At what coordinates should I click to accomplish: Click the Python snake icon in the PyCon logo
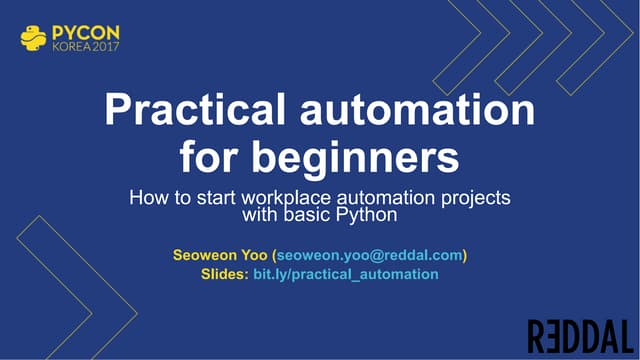pos(32,38)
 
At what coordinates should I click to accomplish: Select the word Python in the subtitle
pos(369,214)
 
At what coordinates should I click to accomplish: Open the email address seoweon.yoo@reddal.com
pos(369,254)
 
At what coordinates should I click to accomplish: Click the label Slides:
pos(224,273)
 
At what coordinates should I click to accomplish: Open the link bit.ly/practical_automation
pos(345,273)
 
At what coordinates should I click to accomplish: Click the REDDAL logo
pos(580,335)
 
